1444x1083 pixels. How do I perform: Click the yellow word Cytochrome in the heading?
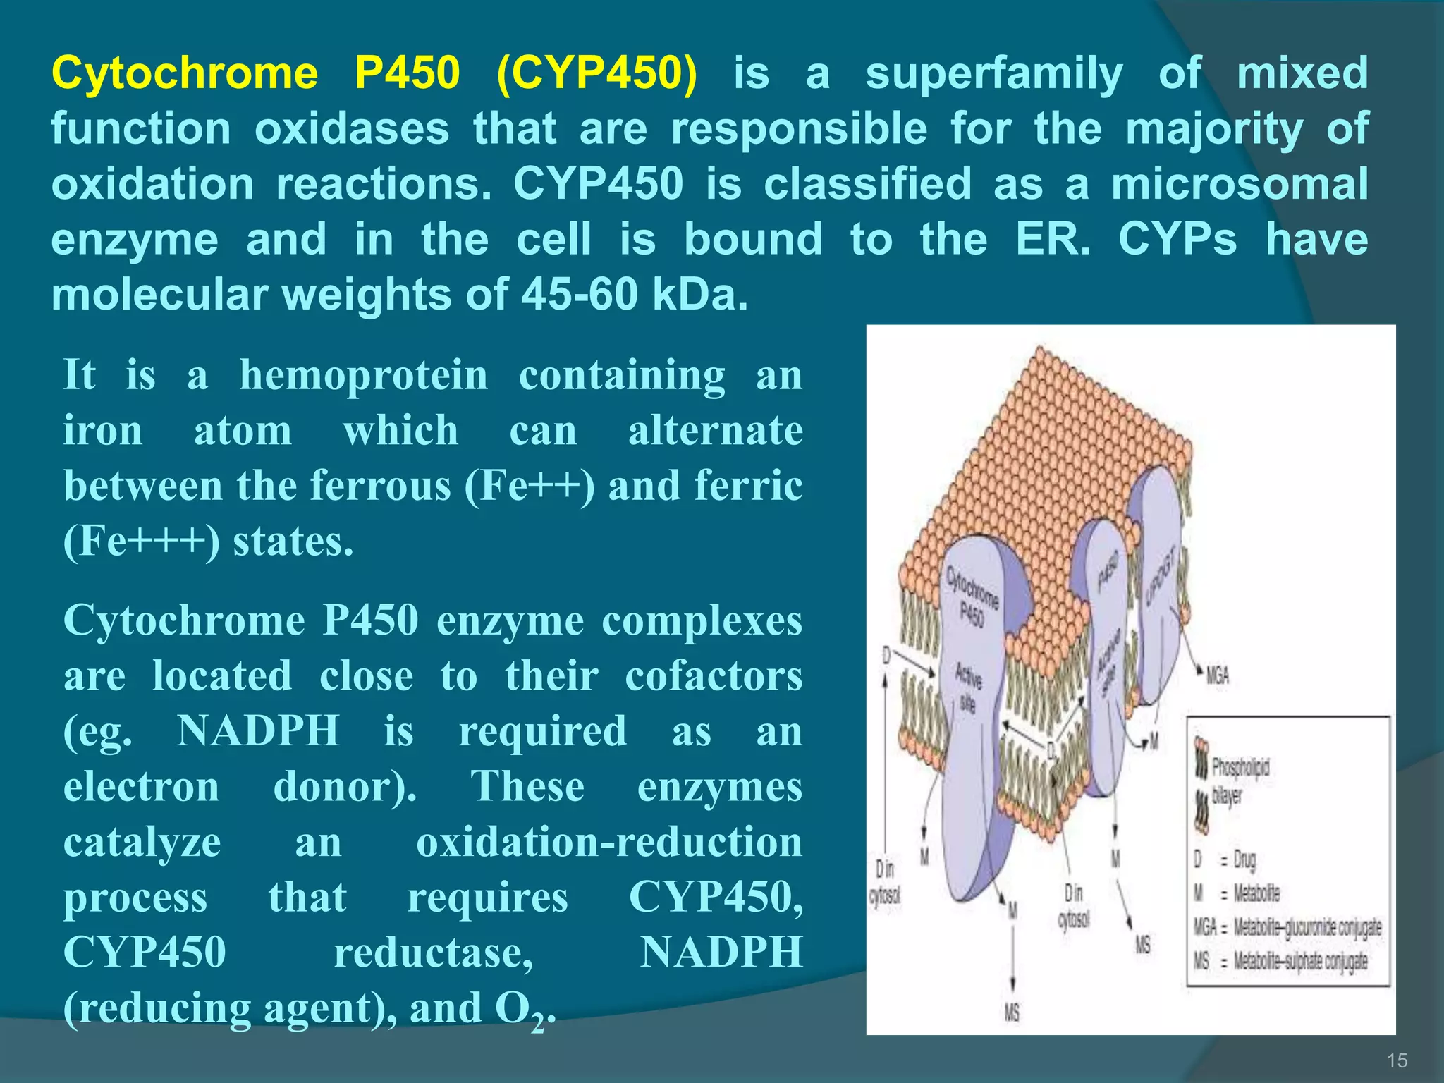point(185,73)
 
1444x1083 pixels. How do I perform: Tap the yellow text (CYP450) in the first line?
point(596,73)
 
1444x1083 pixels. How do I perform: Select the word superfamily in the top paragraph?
point(993,73)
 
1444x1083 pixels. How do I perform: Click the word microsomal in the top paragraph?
point(1239,184)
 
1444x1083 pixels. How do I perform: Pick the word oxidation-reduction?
point(609,842)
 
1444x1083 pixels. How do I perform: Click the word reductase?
point(433,952)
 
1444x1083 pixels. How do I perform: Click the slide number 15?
point(1397,1060)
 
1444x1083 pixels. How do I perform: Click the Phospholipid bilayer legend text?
point(1240,781)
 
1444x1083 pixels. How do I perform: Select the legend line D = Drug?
point(1225,859)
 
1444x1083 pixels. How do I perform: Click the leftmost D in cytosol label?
point(885,881)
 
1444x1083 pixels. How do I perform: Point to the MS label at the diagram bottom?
point(1012,1013)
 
